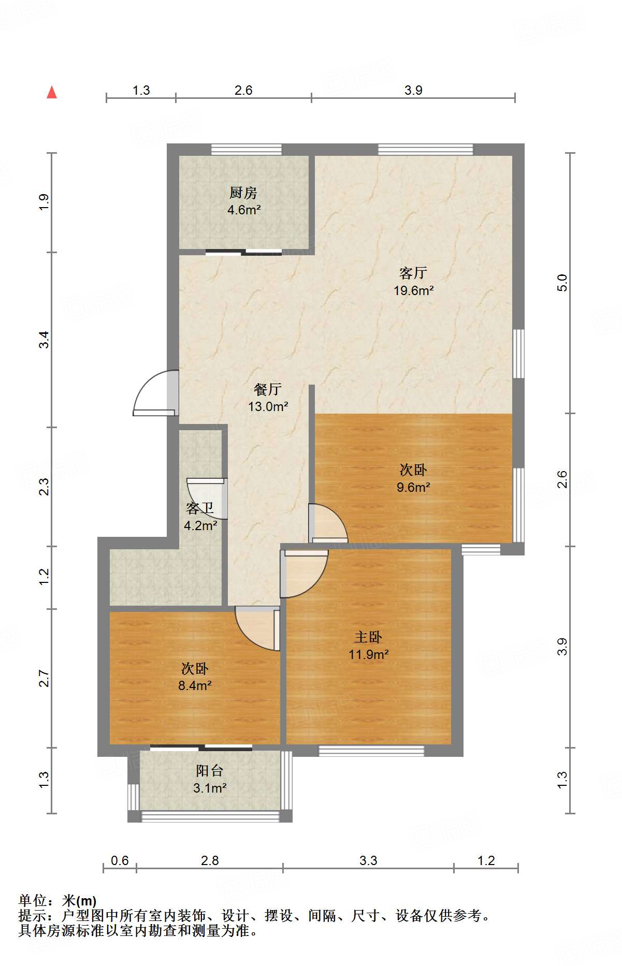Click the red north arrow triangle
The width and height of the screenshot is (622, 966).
(52, 93)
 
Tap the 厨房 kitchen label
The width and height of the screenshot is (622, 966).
(243, 193)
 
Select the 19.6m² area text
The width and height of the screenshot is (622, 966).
(413, 290)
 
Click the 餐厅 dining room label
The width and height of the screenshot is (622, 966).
(268, 389)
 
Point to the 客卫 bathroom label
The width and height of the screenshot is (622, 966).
(200, 508)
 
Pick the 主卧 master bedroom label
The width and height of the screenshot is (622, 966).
(368, 637)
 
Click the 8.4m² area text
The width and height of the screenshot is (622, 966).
(195, 686)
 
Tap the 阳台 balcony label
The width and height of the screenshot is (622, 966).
(210, 771)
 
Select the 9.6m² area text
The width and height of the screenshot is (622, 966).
(413, 487)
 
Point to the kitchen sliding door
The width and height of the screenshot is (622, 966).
(243, 253)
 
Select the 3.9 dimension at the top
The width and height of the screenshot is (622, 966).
(413, 90)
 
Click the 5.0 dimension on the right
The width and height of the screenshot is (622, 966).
(562, 283)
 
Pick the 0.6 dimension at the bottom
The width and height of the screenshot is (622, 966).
(120, 860)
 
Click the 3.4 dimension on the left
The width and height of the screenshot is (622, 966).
(44, 340)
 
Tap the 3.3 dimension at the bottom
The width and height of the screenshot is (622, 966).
(368, 860)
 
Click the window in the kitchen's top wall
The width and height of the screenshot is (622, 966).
(247, 149)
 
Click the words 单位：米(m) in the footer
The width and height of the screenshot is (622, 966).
(57, 901)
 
